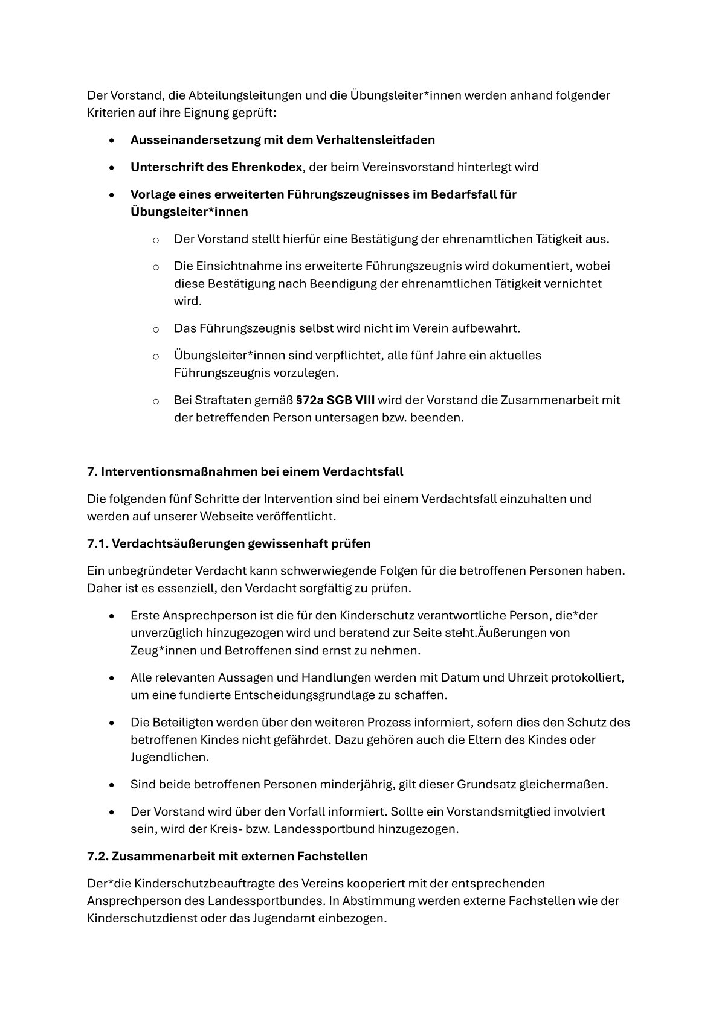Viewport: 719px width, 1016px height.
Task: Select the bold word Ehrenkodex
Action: pyautogui.click(x=266, y=167)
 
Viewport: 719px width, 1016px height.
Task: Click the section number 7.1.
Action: pyautogui.click(x=97, y=543)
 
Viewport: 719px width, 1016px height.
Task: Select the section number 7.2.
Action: pyautogui.click(x=98, y=857)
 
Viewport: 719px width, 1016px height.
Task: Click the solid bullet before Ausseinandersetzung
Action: pyautogui.click(x=112, y=141)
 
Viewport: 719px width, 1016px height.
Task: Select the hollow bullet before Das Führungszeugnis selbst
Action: pyautogui.click(x=155, y=329)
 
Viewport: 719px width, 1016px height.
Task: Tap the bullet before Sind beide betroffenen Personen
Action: pyautogui.click(x=112, y=785)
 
